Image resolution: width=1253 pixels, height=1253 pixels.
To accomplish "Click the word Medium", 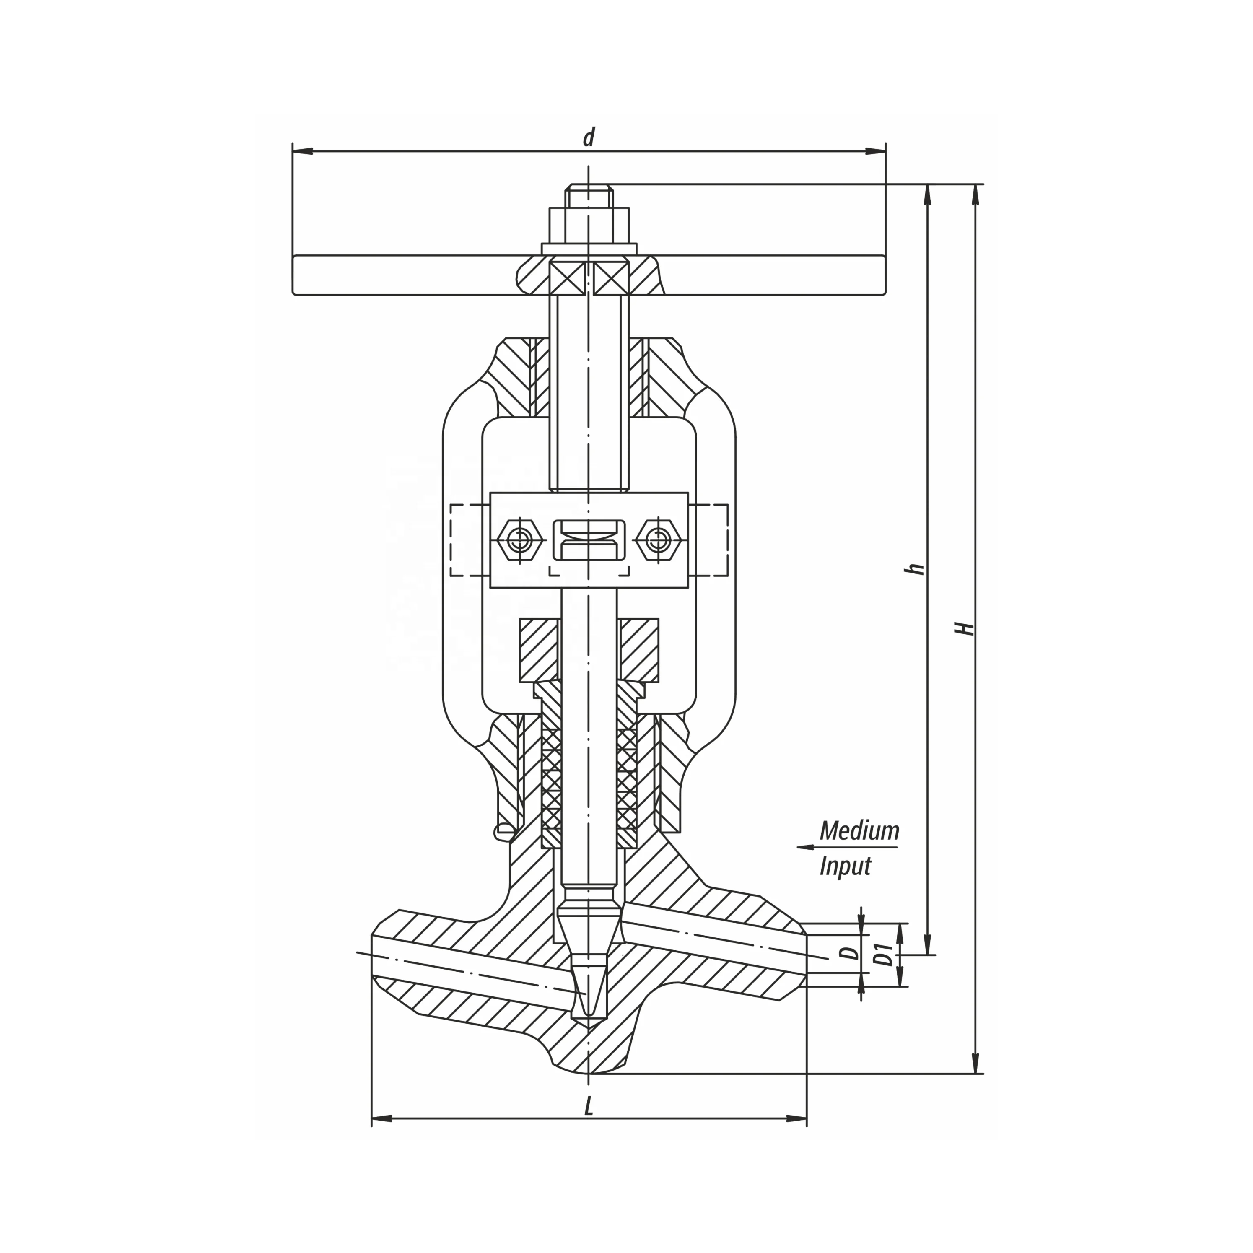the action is [x=859, y=831].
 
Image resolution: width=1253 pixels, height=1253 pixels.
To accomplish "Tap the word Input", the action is [x=845, y=867].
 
